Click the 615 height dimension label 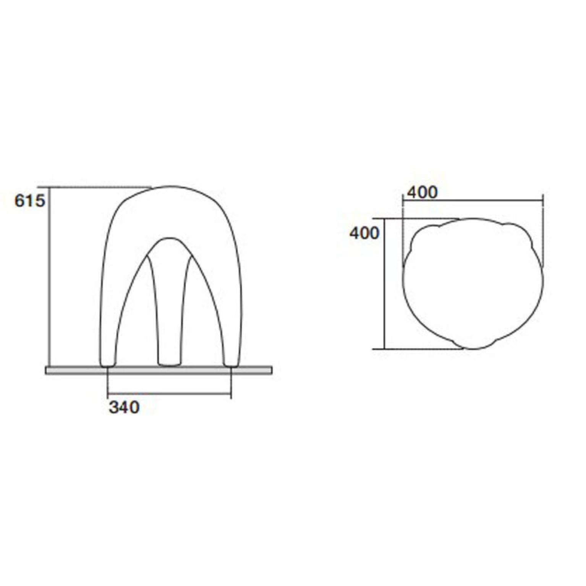pyautogui.click(x=30, y=201)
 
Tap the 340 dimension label pyautogui.click(x=124, y=408)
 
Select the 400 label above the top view pyautogui.click(x=422, y=193)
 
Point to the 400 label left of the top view pyautogui.click(x=364, y=233)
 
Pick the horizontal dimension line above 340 pyautogui.click(x=170, y=393)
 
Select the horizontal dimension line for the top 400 pyautogui.click(x=473, y=201)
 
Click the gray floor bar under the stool pyautogui.click(x=159, y=370)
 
